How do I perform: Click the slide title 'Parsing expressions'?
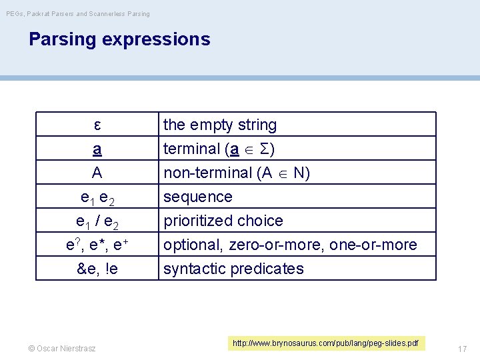tap(119, 39)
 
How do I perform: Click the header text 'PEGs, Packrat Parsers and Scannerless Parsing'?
tap(78, 13)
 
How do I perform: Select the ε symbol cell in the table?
tap(97, 125)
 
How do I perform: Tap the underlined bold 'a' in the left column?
tap(97, 149)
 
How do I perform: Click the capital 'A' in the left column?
tap(97, 173)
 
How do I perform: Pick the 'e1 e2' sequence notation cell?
tap(97, 197)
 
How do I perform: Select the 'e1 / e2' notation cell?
tap(97, 221)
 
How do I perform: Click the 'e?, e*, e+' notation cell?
tap(97, 245)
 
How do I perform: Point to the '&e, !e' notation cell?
tap(97, 269)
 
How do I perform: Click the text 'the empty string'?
tap(220, 125)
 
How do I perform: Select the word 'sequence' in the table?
tap(198, 197)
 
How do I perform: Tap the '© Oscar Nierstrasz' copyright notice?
tap(62, 348)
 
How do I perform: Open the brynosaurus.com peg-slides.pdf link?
tap(325, 343)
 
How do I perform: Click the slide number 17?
tap(462, 348)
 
